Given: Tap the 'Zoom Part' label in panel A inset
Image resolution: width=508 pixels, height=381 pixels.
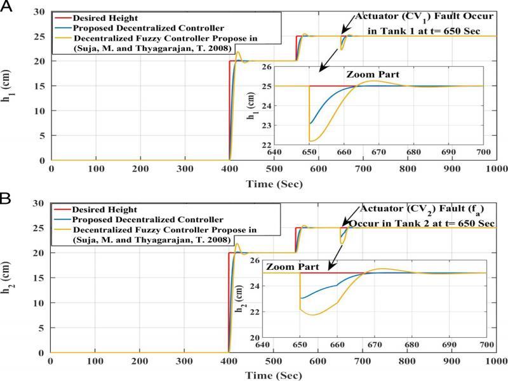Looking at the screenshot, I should pyautogui.click(x=373, y=75).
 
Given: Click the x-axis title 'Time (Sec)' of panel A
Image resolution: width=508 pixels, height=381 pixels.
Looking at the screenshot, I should pyautogui.click(x=274, y=184).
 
